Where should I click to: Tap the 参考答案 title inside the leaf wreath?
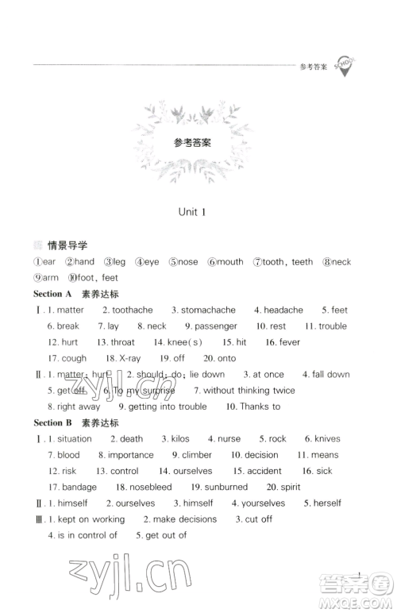tap(192, 144)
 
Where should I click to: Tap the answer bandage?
tap(79, 487)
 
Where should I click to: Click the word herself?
tap(327, 503)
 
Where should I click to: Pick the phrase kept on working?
tap(91, 519)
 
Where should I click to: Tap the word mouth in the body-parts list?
tap(230, 262)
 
